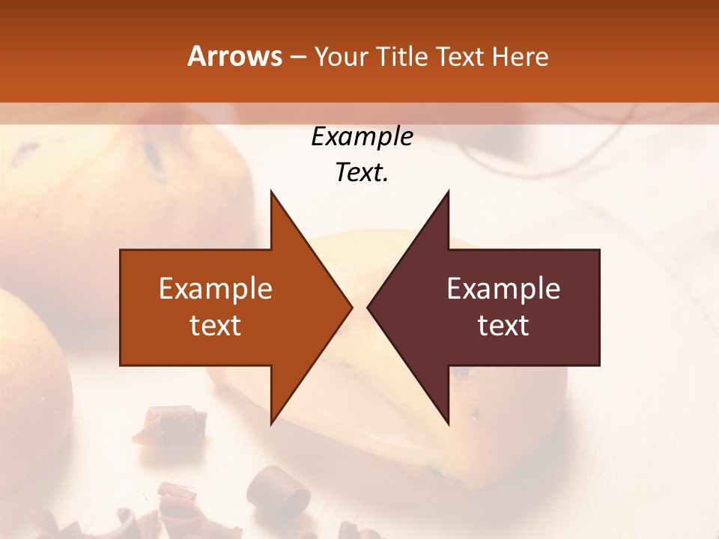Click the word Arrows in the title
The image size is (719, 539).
pyautogui.click(x=234, y=56)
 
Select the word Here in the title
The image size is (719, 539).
pyautogui.click(x=520, y=56)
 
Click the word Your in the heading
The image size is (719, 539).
pyautogui.click(x=340, y=56)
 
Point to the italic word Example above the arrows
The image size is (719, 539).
pyautogui.click(x=362, y=137)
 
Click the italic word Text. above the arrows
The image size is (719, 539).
pyautogui.click(x=362, y=173)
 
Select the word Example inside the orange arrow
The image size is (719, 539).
pyautogui.click(x=216, y=289)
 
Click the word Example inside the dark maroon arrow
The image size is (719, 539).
pyautogui.click(x=503, y=289)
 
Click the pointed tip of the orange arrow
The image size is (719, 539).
pyautogui.click(x=352, y=307)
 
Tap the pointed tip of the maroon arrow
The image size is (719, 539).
pyautogui.click(x=368, y=307)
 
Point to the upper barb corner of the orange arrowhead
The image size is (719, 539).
pyautogui.click(x=271, y=191)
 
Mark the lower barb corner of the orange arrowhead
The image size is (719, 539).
pyautogui.click(x=271, y=424)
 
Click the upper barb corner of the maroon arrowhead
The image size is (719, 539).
pyautogui.click(x=449, y=191)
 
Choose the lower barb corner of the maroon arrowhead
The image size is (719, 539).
pyautogui.click(x=449, y=424)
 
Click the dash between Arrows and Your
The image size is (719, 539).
pyautogui.click(x=297, y=58)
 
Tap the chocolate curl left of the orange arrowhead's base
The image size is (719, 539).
pyautogui.click(x=172, y=423)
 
